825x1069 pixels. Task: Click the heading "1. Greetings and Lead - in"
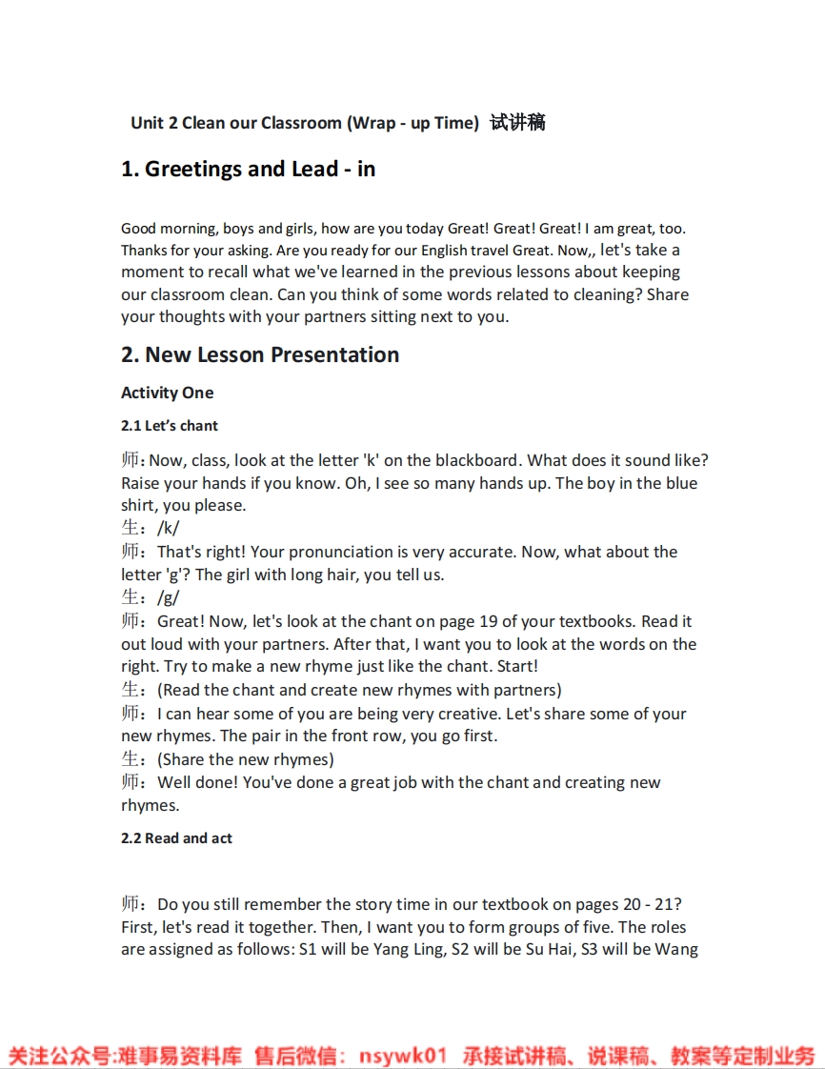point(248,170)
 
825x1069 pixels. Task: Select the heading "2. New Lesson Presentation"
point(260,355)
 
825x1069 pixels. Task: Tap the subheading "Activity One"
point(168,393)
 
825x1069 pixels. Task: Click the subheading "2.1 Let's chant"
point(170,426)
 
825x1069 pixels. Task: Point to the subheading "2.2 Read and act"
point(176,838)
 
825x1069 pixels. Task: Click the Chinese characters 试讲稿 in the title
point(517,123)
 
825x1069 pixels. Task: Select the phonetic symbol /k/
point(168,529)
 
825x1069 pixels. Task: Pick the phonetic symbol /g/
point(168,598)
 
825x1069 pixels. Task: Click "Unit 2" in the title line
point(153,123)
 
